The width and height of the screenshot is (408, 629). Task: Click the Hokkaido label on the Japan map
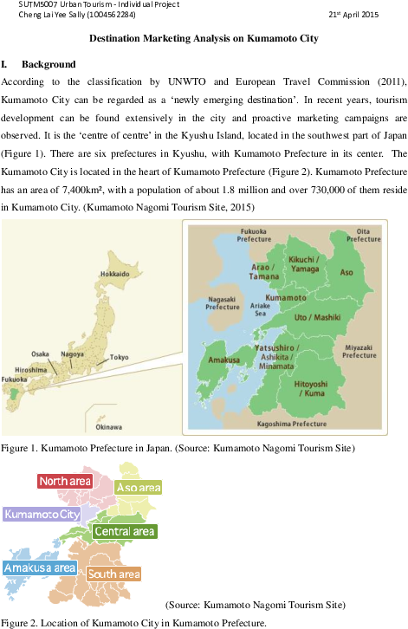click(x=114, y=274)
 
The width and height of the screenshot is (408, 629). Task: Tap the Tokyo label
click(x=120, y=357)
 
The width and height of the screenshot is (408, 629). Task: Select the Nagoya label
click(x=73, y=353)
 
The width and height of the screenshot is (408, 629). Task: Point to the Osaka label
click(x=41, y=353)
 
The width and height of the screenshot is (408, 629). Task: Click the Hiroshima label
click(x=30, y=368)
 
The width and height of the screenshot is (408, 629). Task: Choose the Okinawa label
click(x=109, y=426)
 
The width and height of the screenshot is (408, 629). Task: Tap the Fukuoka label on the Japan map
click(x=15, y=379)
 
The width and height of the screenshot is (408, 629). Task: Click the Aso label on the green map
click(x=346, y=272)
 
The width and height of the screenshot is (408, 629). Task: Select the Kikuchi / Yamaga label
click(x=303, y=264)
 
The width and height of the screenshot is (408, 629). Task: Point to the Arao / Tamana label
click(x=265, y=271)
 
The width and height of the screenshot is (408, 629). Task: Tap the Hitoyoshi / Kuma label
click(x=311, y=387)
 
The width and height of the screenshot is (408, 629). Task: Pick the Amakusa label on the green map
click(x=223, y=357)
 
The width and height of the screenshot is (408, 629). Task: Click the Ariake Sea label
click(x=260, y=309)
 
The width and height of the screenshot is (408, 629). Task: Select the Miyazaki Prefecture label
click(x=359, y=351)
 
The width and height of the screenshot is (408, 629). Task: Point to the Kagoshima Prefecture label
click(x=292, y=424)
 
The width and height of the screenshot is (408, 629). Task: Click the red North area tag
click(x=66, y=481)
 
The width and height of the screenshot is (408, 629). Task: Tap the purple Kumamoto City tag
click(x=42, y=514)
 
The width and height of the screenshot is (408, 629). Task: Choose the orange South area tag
click(x=113, y=574)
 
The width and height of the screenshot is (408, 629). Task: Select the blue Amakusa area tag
click(x=38, y=567)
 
